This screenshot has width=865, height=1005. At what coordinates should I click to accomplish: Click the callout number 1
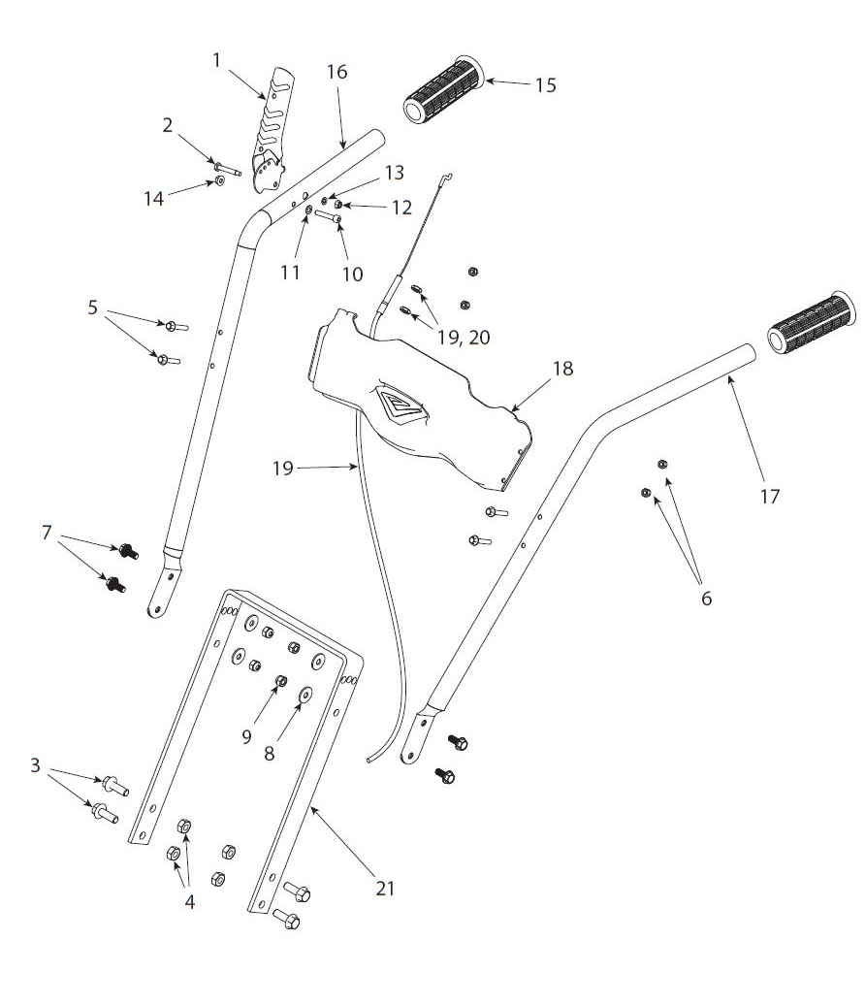217,60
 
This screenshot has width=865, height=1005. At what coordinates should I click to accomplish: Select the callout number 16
336,72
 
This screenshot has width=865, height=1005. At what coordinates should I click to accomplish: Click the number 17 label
769,496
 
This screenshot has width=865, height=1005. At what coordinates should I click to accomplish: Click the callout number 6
705,599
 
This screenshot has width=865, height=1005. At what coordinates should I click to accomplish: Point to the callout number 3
35,765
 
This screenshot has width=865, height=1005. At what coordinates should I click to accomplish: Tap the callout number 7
46,532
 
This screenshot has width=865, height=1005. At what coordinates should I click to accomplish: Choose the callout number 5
92,307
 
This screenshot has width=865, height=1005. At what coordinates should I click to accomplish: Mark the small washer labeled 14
221,179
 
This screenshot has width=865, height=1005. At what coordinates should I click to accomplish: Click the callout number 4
189,901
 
